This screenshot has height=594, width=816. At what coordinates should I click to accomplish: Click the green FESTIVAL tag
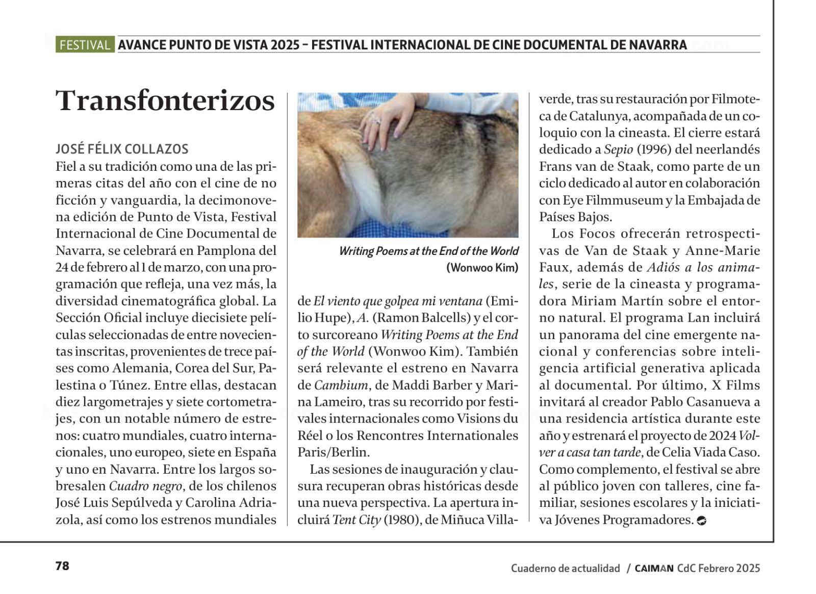85,45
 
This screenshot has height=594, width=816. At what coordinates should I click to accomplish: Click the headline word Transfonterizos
165,100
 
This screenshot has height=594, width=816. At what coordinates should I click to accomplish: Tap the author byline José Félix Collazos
122,149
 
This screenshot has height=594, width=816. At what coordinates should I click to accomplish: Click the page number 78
62,566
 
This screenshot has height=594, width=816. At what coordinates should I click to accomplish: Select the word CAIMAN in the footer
654,569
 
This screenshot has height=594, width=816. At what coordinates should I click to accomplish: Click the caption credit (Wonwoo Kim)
482,268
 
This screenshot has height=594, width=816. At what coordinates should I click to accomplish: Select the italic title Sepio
618,149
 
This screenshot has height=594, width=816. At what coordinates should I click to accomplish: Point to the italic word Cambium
340,385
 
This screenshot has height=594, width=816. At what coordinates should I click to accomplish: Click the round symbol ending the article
701,521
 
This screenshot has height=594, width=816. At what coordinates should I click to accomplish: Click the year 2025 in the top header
285,45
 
